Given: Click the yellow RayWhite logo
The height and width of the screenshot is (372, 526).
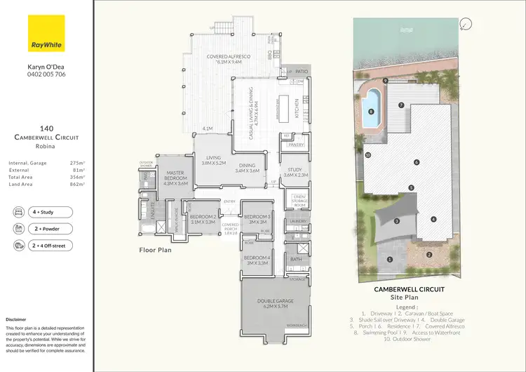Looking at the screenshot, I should [46, 33].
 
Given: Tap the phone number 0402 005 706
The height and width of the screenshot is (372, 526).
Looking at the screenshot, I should [46, 74].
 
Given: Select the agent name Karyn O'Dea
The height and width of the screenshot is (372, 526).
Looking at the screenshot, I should [46, 67].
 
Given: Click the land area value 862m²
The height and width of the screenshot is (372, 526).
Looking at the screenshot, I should [76, 185].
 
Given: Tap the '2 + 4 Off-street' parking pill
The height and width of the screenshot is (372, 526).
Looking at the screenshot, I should [46, 246].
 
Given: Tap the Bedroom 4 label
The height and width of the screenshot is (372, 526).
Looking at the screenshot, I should [257, 260].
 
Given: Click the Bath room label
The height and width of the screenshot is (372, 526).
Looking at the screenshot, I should [297, 260].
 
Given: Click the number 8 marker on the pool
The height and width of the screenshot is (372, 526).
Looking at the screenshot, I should [370, 112].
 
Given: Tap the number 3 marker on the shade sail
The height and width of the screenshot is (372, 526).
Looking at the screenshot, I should [397, 221].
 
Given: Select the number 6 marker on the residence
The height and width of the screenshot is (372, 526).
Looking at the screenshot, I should [417, 162].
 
